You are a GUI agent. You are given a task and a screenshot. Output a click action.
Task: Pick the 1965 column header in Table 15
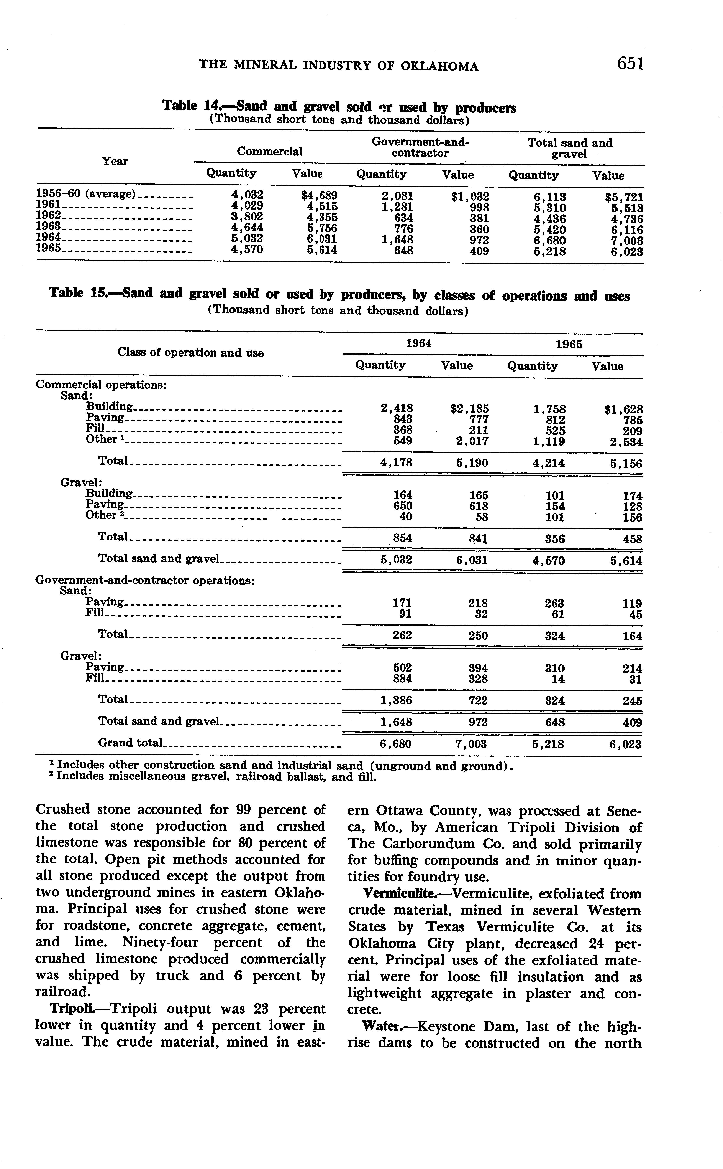coord(569,345)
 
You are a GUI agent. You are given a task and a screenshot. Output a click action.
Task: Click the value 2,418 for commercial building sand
coord(396,408)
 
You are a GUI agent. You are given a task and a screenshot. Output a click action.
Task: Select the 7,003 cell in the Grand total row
coord(472,744)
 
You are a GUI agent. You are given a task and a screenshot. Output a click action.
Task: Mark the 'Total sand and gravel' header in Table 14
coord(569,148)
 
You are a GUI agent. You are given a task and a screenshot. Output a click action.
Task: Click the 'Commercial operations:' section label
coord(101,385)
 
